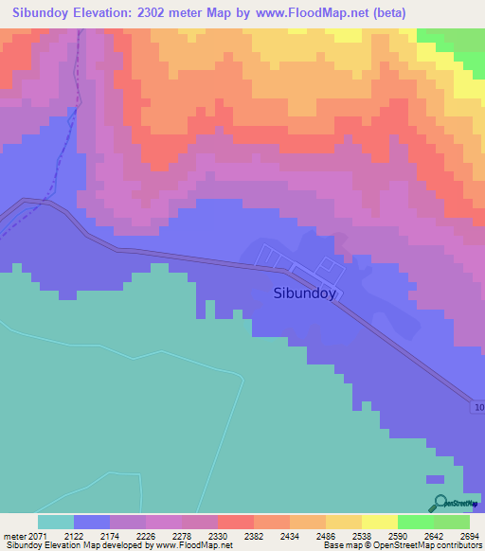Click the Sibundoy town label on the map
(305, 293)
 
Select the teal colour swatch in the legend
(56, 522)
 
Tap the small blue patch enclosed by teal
(434, 480)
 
